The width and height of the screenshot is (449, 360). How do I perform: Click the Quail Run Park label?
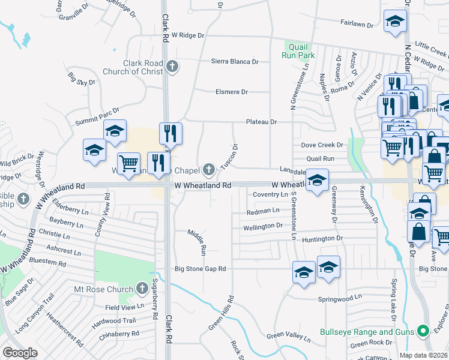(298, 51)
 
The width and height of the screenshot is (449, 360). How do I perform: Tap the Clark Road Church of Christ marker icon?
(173, 66)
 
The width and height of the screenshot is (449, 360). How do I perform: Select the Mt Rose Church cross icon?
(142, 289)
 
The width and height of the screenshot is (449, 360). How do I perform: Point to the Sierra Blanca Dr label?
(235, 61)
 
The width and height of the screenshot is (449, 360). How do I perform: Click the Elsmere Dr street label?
(232, 92)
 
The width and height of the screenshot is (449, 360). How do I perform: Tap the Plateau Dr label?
(261, 122)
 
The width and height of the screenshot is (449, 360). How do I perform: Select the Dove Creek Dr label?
(322, 145)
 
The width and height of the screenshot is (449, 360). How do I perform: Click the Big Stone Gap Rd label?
(200, 269)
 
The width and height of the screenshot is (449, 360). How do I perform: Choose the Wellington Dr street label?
(262, 226)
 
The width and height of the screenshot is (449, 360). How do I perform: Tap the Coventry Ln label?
(270, 195)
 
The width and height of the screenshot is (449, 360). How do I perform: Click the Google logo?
(20, 353)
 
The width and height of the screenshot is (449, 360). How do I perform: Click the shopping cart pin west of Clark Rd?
(128, 164)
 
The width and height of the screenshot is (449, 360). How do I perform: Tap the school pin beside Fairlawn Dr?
(394, 23)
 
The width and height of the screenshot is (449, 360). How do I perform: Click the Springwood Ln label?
(342, 297)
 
